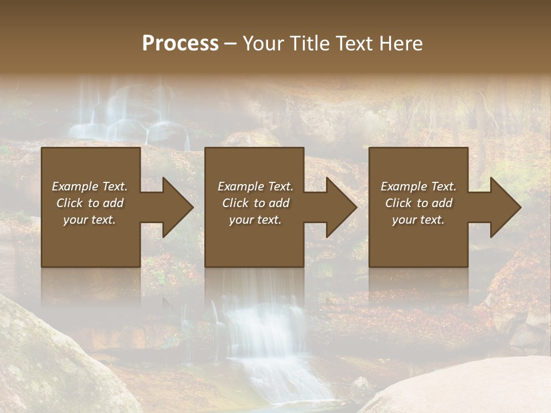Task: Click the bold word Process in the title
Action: point(180,44)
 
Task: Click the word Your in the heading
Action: point(265,44)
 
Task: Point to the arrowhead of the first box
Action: point(176,207)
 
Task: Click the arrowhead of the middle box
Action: point(340,207)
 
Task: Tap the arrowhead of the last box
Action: point(504,207)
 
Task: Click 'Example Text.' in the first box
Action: point(90,186)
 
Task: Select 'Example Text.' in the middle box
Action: point(255,186)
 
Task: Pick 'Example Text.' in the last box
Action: point(418,186)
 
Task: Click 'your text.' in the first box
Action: point(90,220)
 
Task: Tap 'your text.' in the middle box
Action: point(255,220)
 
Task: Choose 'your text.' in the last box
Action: point(418,220)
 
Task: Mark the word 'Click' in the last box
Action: point(399,203)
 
